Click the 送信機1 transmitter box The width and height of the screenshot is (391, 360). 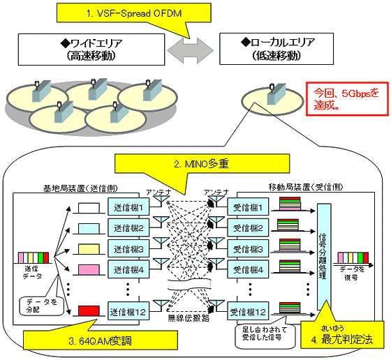[x=128, y=207]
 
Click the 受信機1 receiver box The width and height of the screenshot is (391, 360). [x=247, y=207]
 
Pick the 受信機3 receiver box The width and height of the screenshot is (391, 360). [x=247, y=247]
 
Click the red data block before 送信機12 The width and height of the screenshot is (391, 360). [x=89, y=310]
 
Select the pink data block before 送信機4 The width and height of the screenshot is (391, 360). [x=89, y=267]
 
